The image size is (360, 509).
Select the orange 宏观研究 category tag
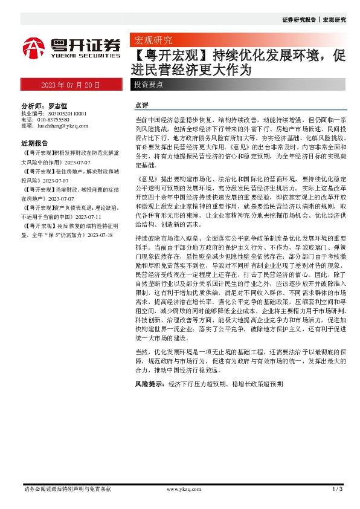[x=153, y=41]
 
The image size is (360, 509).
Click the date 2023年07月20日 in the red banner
[x=71, y=85]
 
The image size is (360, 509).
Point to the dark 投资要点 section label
[x=149, y=85]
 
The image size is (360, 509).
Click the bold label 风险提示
[x=150, y=384]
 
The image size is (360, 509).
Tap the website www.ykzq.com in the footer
[x=183, y=489]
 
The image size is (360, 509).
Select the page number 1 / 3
[x=338, y=489]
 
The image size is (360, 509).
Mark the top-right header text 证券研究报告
[x=299, y=20]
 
